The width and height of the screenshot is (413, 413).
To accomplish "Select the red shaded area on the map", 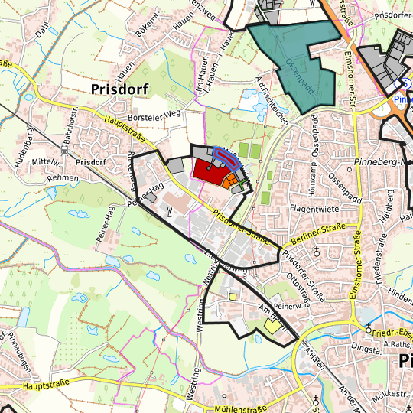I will (207, 169).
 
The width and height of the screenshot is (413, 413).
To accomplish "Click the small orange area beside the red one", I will (229, 180).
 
